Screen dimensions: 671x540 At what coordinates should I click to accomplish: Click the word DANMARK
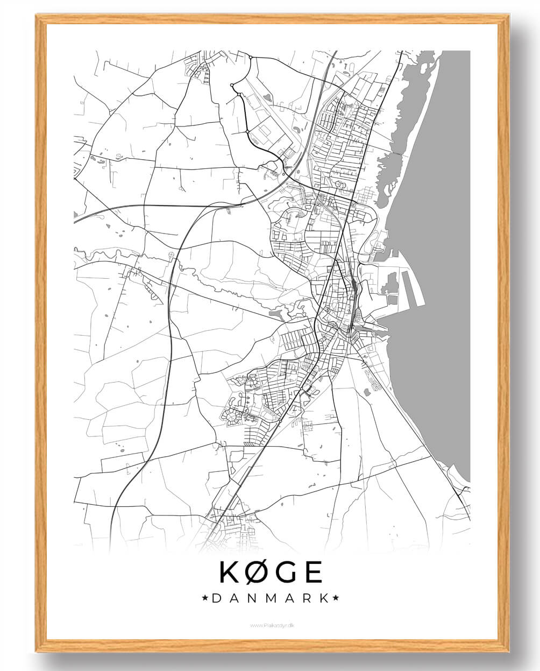pyautogui.click(x=270, y=598)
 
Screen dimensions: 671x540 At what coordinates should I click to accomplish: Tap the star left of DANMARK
pyautogui.click(x=205, y=598)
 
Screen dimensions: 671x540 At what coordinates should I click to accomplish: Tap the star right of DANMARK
pyautogui.click(x=336, y=598)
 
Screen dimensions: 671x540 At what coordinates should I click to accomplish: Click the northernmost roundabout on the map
pyautogui.click(x=251, y=57)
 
